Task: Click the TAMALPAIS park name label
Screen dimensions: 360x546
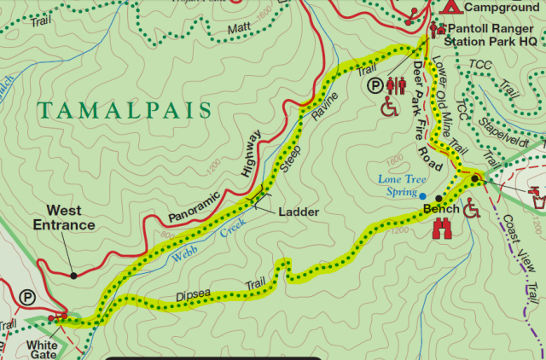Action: coord(124,110)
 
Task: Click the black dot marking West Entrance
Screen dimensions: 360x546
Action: coord(74,275)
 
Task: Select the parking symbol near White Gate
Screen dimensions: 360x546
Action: coord(28,298)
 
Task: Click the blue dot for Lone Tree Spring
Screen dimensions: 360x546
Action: coord(422,195)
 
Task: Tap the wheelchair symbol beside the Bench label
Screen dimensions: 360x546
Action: coord(473,207)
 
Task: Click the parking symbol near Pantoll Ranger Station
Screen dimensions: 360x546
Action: coord(374,84)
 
